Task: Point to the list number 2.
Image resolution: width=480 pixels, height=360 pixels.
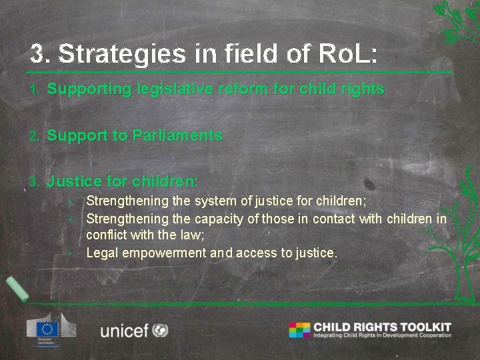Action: click(35, 136)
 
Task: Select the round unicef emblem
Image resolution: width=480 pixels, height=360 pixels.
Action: click(160, 330)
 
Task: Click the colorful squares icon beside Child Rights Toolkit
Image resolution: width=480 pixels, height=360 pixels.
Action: click(299, 330)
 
